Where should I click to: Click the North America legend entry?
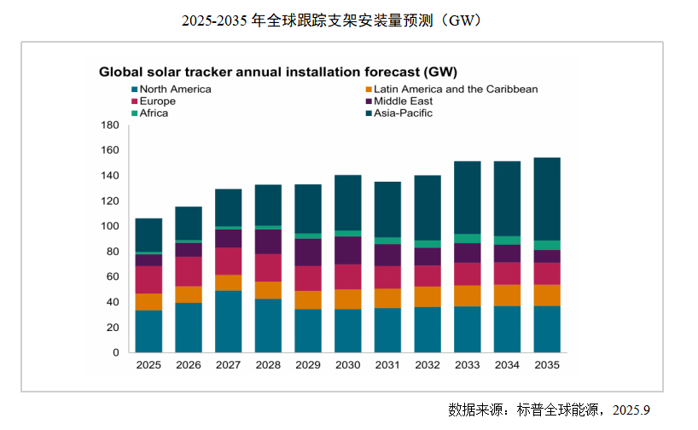[172, 89]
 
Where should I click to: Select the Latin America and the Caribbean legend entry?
[452, 89]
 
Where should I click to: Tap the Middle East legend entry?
[399, 101]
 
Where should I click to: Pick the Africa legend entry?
[150, 113]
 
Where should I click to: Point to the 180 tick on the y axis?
[110, 125]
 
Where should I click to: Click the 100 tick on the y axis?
[110, 226]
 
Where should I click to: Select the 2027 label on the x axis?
[229, 365]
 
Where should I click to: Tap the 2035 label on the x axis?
[547, 365]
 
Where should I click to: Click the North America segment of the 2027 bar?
[229, 322]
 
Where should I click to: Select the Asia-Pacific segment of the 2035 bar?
[547, 199]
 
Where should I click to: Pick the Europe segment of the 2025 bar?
[148, 280]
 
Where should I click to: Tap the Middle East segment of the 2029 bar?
[308, 253]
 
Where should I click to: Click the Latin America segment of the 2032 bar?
[428, 297]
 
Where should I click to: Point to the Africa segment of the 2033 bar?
[468, 239]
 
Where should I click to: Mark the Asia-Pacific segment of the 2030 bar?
[348, 203]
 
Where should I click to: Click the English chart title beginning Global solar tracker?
[278, 73]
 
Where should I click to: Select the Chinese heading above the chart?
[332, 20]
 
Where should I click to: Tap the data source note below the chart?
[549, 410]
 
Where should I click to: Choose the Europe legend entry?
[154, 101]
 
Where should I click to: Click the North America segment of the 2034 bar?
[508, 329]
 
